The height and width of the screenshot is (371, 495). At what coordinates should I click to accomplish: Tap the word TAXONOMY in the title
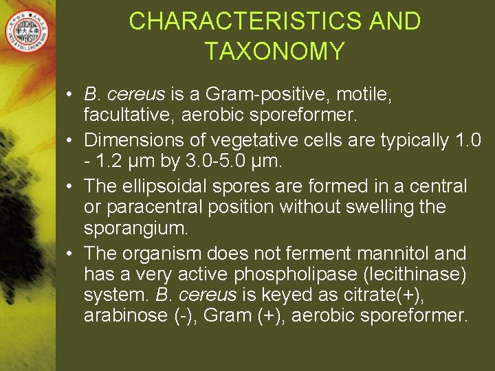coord(274,52)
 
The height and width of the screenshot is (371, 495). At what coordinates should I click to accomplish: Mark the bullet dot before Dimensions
coord(71,141)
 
